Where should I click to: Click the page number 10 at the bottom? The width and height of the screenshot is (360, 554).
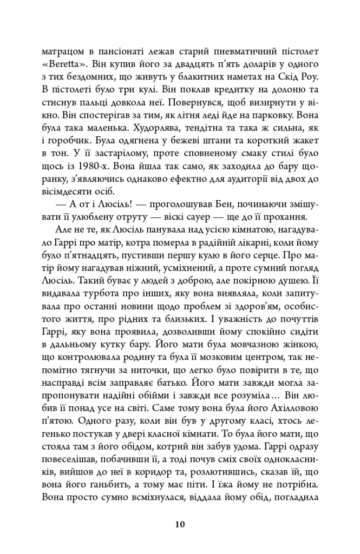coord(180,524)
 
